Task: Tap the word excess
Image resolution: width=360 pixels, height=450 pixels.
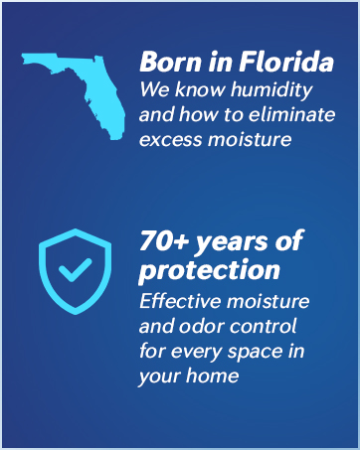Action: tap(169, 139)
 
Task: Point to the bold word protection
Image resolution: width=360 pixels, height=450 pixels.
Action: tap(210, 270)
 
